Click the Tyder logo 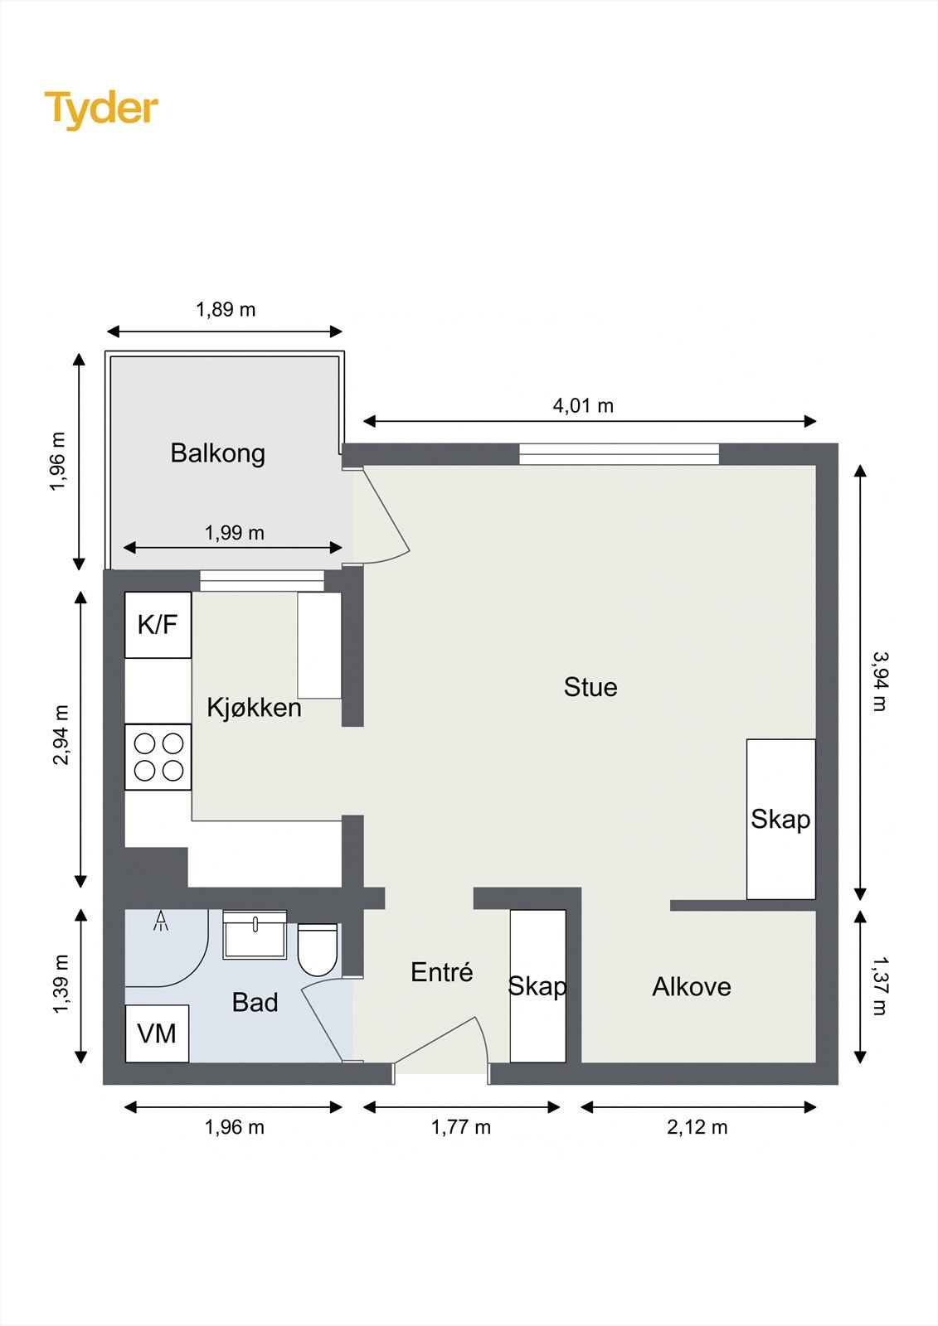101,109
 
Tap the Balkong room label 217,453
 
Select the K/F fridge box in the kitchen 158,624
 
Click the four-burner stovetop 158,757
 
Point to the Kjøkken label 254,708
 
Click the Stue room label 590,687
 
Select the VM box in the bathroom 157,1033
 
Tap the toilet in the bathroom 317,951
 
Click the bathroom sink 255,935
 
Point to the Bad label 255,1003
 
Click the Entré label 441,972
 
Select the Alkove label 691,987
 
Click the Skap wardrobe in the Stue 780,819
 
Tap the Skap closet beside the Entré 537,986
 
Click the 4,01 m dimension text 583,405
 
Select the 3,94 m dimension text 879,681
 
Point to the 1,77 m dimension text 460,1127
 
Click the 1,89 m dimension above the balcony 226,309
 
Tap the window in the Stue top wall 619,453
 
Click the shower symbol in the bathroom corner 161,921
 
